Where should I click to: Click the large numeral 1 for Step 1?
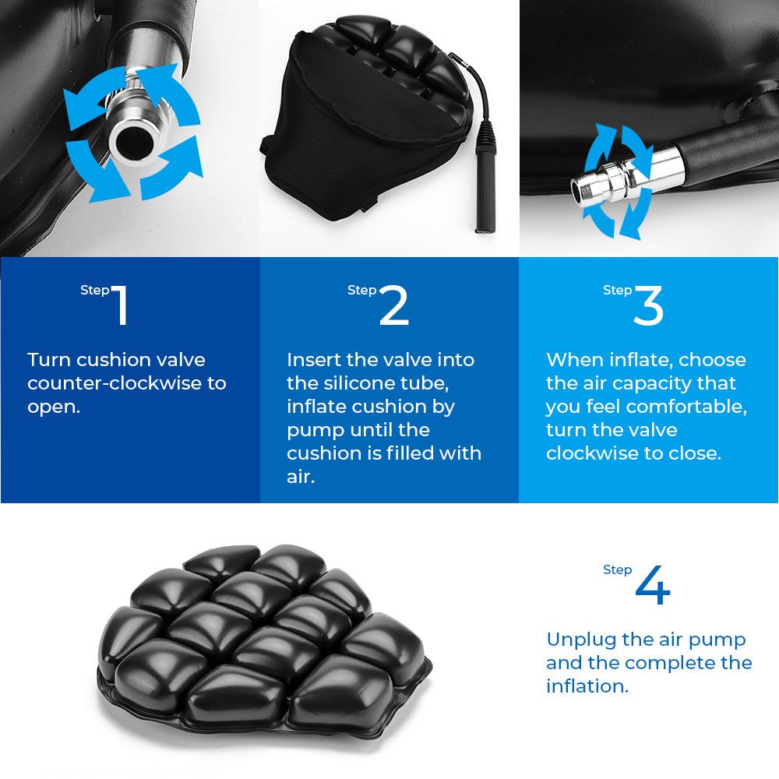coord(119,305)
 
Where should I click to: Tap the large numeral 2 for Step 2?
coord(394,306)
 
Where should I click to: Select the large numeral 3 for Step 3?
coord(648,306)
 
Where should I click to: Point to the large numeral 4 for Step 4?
coord(653,586)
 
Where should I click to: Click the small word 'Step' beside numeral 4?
coord(617,570)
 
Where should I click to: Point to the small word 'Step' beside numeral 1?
coord(94,291)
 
